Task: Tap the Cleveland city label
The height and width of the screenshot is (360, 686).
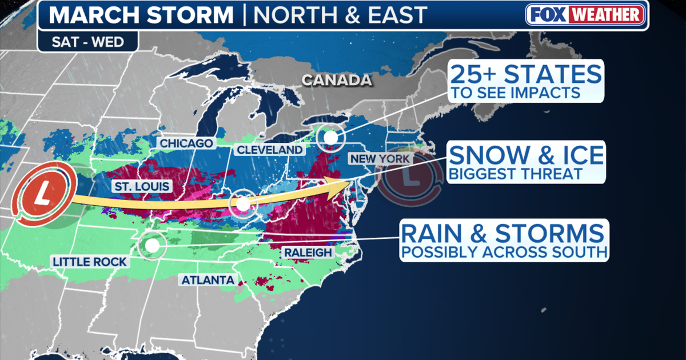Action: point(269,150)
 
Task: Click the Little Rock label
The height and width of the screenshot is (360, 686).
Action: point(90,262)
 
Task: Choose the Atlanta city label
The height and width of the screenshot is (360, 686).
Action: point(208,280)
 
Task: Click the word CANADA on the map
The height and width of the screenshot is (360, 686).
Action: point(336,81)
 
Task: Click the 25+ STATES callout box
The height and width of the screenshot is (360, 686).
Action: point(526,82)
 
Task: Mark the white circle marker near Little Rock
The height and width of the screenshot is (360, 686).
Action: point(151,245)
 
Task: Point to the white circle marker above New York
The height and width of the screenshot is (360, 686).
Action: point(330,137)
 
